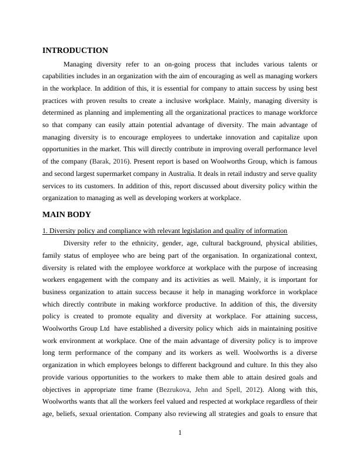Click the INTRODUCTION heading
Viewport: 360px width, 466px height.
[75, 51]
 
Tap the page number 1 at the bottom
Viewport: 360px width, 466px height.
[180, 434]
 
